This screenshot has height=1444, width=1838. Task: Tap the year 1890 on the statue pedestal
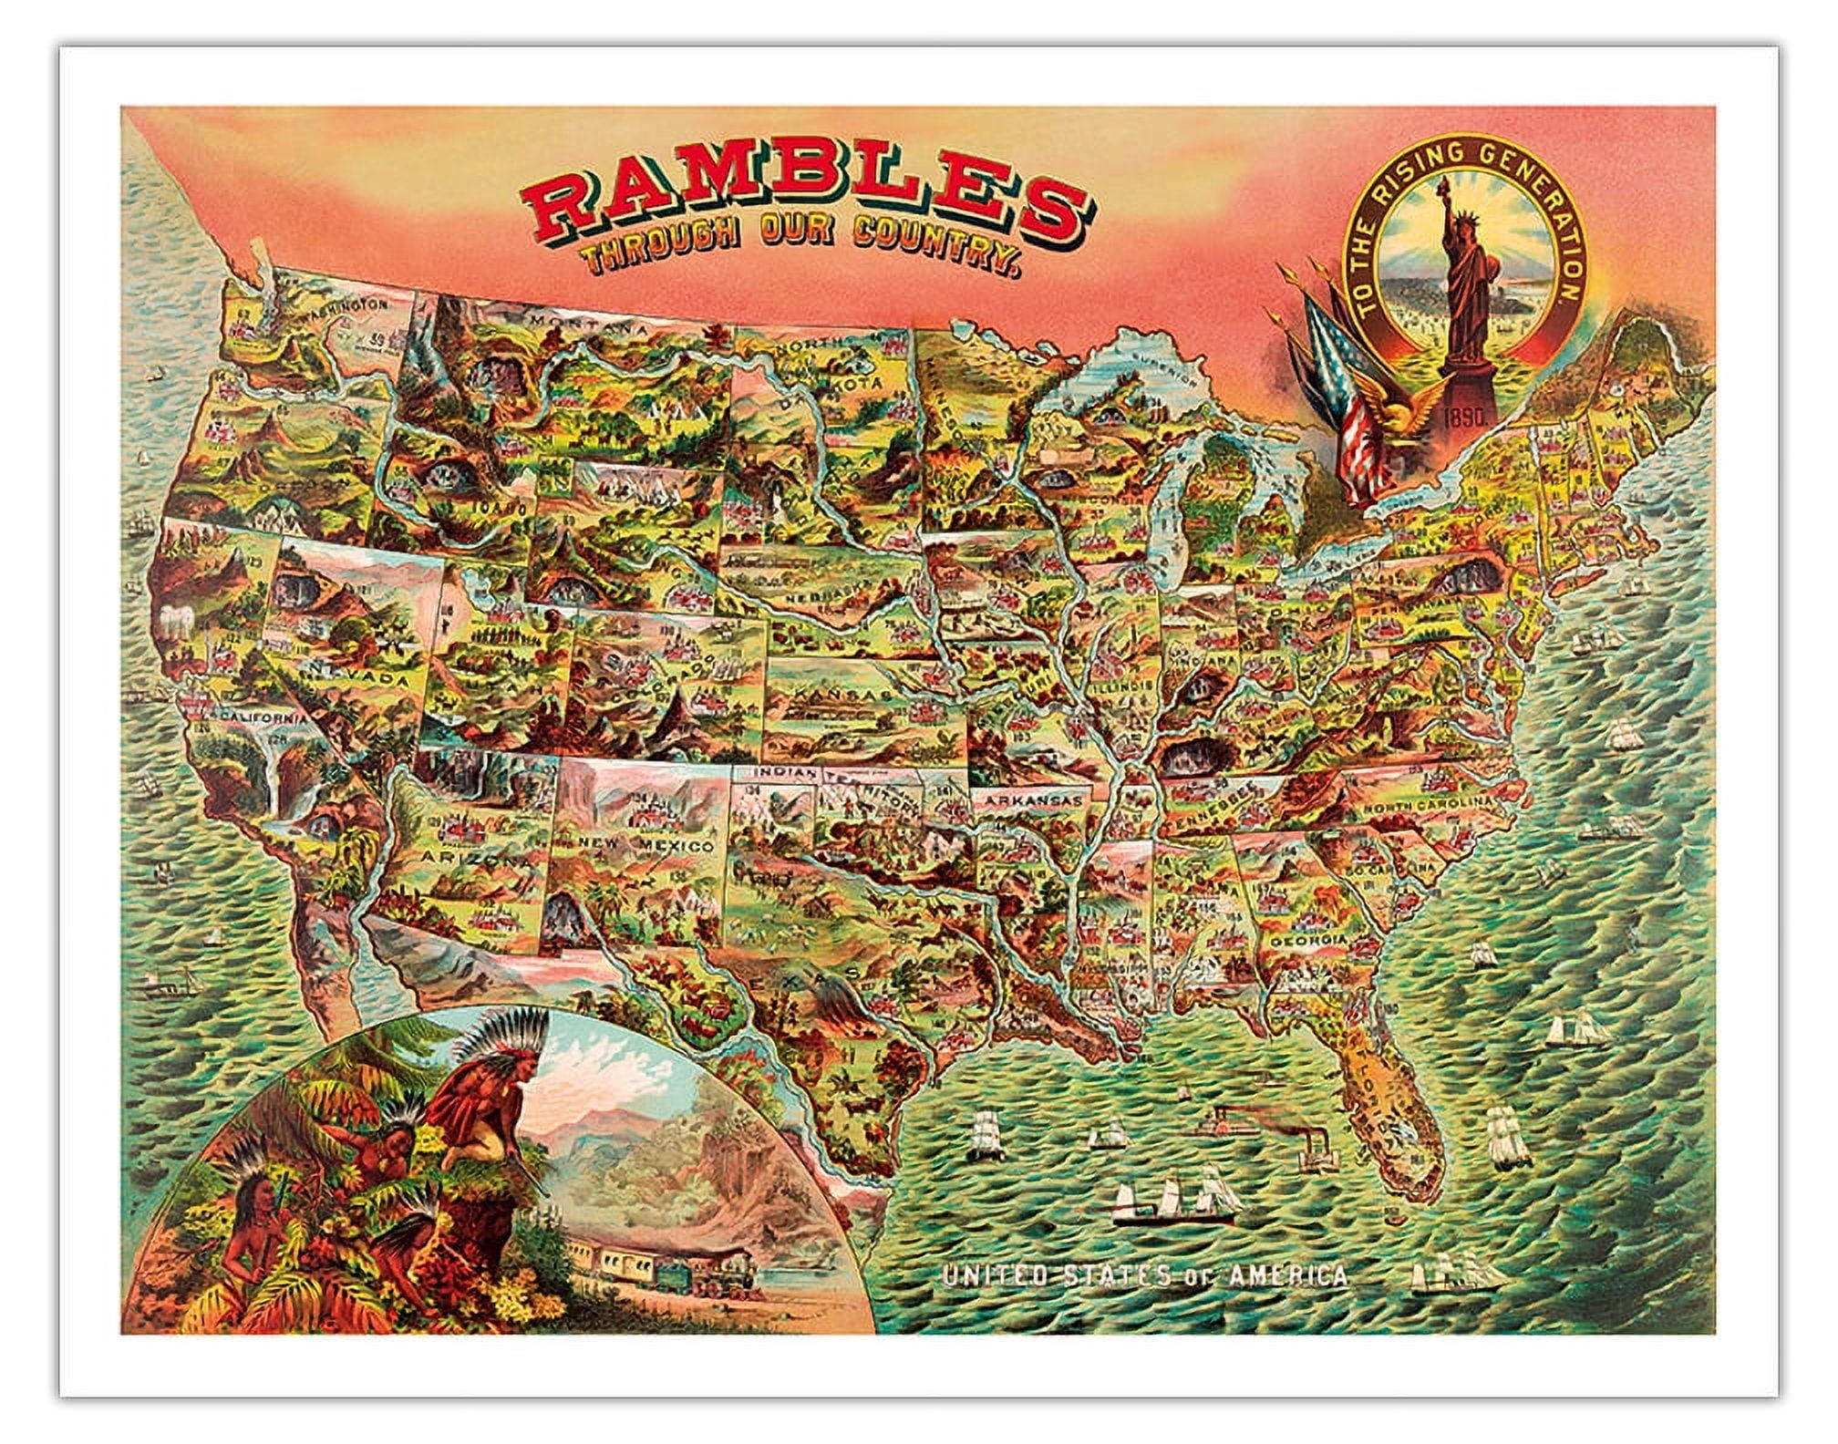click(1465, 412)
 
